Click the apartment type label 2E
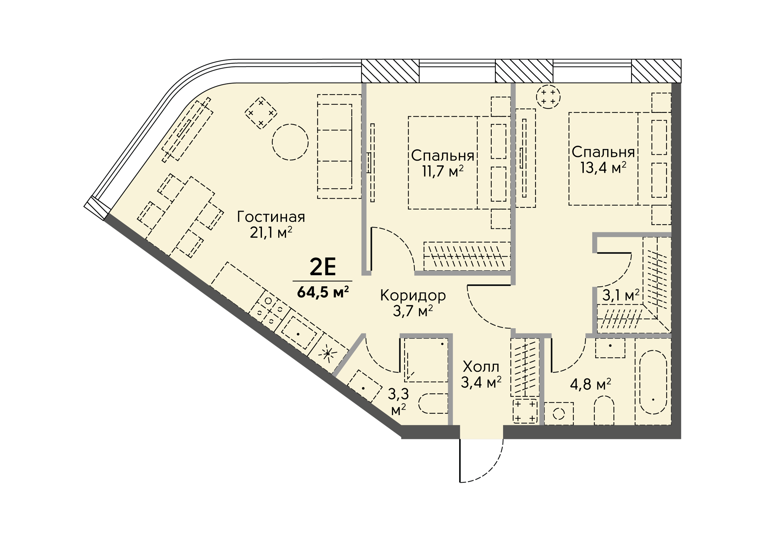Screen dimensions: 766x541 (x=322, y=267)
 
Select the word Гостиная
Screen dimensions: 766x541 (x=271, y=217)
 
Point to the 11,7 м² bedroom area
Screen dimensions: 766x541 (x=443, y=171)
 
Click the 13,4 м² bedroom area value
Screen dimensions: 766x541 (x=603, y=168)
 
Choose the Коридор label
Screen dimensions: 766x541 (x=413, y=295)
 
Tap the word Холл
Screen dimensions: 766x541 (x=481, y=367)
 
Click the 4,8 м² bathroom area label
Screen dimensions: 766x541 (x=590, y=384)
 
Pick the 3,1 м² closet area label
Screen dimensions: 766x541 (x=621, y=295)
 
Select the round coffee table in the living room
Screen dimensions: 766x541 (x=290, y=142)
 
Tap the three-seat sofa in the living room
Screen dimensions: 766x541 (x=339, y=147)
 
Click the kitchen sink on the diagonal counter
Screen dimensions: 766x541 (x=299, y=333)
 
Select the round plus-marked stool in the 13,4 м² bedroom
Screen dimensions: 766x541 (x=548, y=97)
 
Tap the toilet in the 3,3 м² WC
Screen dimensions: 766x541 (x=433, y=403)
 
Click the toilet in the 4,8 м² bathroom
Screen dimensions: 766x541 (x=604, y=410)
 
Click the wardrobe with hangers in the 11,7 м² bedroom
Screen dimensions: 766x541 (x=467, y=256)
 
